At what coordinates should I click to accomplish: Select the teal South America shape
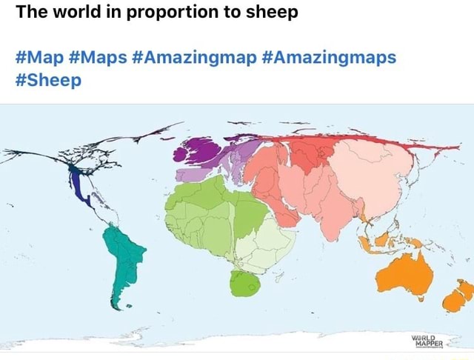pos(122,256)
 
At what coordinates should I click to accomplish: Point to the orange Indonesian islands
pos(378,239)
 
